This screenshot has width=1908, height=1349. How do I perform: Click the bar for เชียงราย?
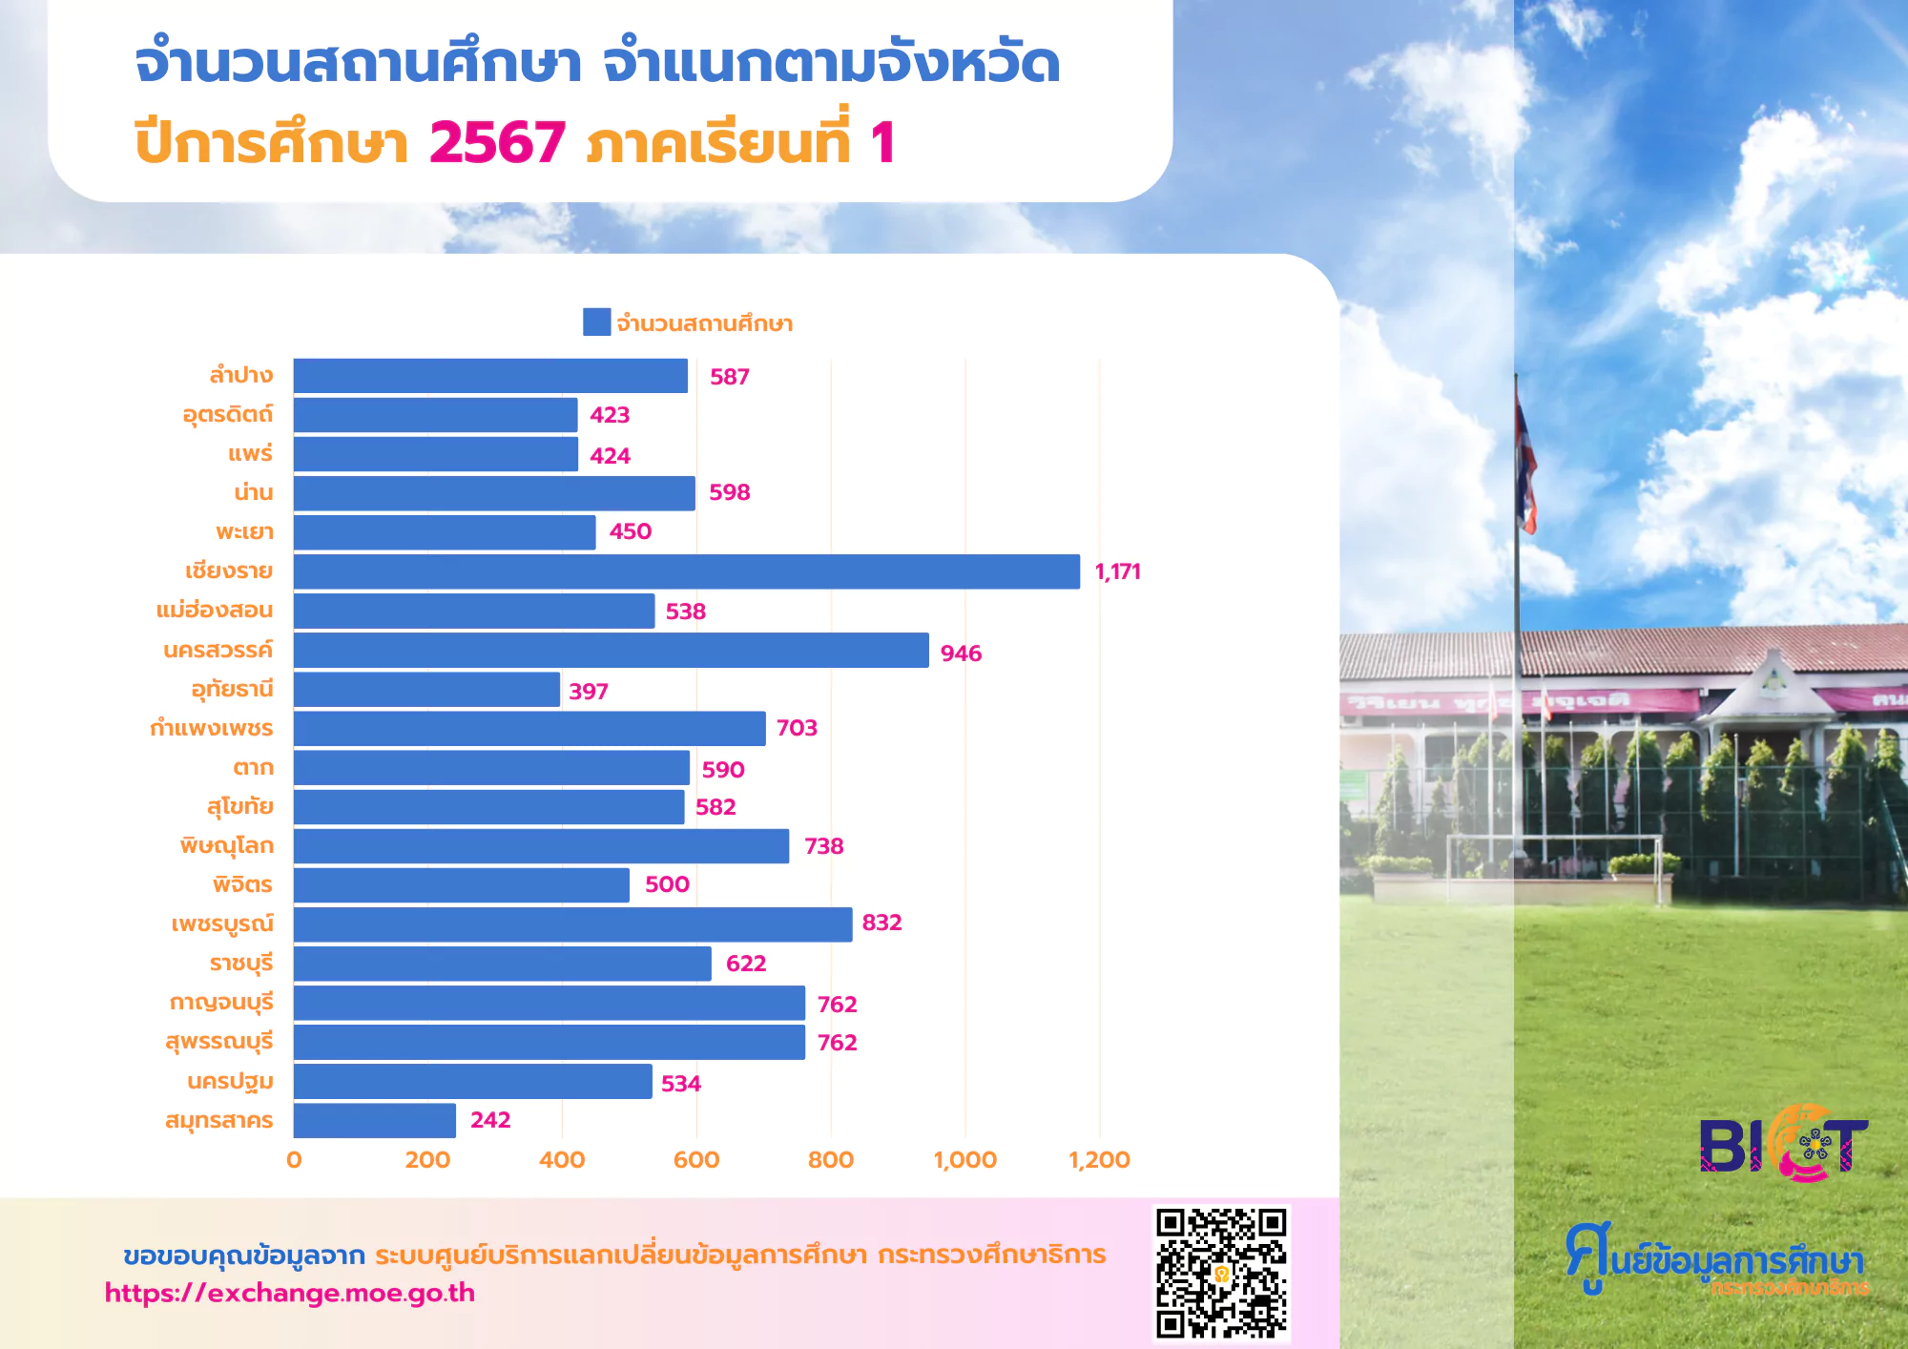[687, 571]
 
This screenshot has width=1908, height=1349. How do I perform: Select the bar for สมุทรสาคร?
[375, 1120]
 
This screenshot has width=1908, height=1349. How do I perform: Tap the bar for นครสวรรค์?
[612, 650]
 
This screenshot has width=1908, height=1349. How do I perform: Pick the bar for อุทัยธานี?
[426, 689]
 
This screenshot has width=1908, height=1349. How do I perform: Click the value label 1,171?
[1117, 571]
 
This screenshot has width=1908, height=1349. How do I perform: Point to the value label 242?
[490, 1120]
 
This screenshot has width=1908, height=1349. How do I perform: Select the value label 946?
[961, 654]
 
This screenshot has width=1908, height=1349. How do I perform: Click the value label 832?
[881, 923]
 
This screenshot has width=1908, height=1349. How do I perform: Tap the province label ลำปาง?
[241, 375]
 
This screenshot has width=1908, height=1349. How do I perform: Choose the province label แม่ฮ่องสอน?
[215, 610]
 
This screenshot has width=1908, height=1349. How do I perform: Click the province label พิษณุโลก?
[227, 845]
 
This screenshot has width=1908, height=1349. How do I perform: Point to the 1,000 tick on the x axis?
[964, 1160]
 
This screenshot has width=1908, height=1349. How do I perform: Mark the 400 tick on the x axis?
[562, 1160]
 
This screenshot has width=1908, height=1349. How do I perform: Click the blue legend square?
[597, 322]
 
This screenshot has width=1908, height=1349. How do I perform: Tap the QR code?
[1221, 1274]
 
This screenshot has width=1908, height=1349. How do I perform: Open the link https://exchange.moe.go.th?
[290, 1293]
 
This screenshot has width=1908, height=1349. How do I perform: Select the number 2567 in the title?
[497, 143]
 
